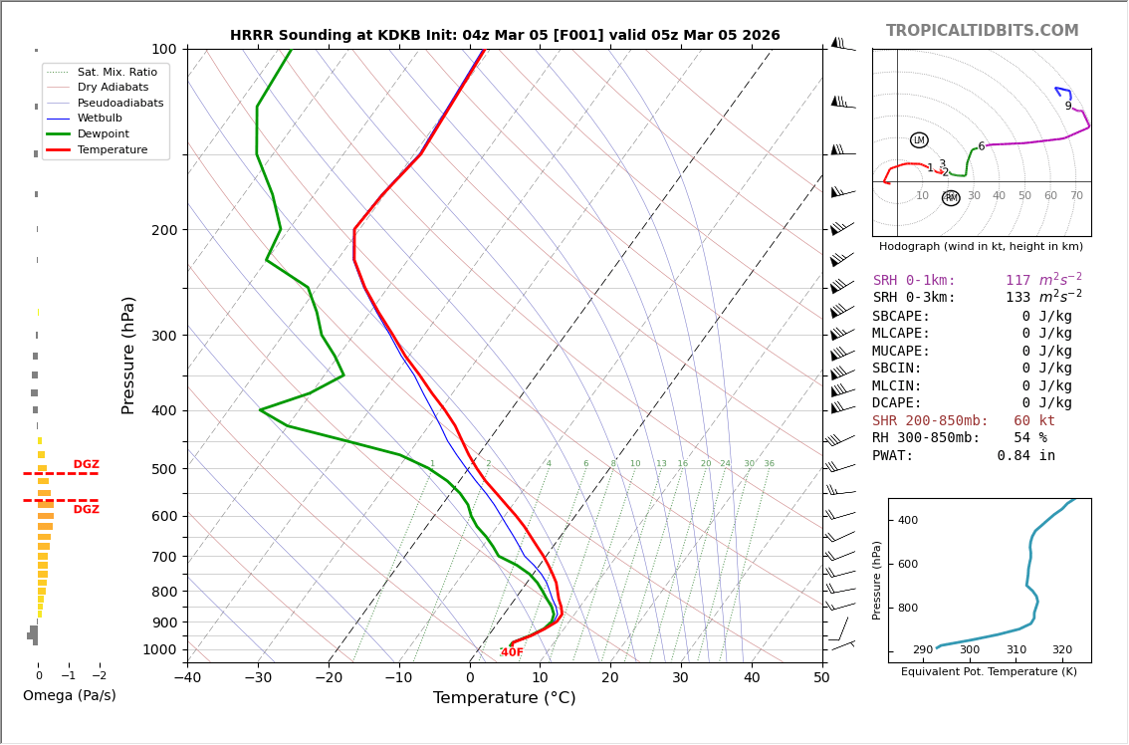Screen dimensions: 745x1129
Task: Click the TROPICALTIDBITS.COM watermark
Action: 982,31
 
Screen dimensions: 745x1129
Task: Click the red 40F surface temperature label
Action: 512,652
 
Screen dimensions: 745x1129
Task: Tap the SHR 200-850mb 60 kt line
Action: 963,421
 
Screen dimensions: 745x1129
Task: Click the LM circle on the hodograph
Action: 919,140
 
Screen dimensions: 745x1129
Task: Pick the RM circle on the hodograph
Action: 951,198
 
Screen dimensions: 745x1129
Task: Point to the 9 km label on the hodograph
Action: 1068,107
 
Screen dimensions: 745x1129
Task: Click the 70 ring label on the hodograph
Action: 1076,196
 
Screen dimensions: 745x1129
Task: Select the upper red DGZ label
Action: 87,465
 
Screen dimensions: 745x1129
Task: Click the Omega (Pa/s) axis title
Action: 69,696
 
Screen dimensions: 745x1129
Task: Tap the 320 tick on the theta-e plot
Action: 1062,650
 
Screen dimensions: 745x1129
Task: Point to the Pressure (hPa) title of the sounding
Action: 129,355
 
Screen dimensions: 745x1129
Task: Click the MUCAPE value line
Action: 972,352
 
